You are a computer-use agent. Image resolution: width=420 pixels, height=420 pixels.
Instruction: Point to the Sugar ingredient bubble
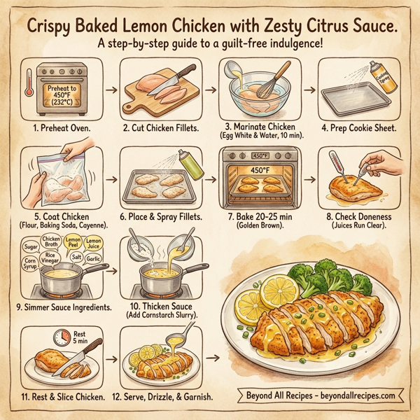tap(30, 246)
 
